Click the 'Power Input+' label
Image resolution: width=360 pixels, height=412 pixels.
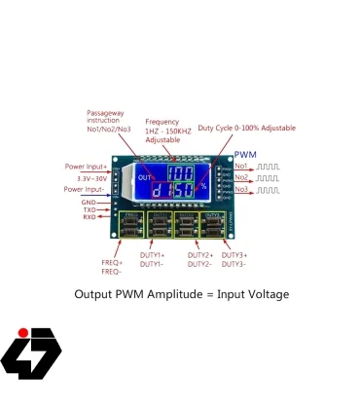coord(86,167)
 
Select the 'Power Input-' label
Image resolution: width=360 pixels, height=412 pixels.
coord(86,189)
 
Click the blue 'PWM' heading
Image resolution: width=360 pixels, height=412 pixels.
coord(245,156)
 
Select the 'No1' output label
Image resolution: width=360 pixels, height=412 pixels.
coord(240,168)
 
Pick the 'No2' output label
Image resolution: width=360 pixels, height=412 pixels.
coord(240,177)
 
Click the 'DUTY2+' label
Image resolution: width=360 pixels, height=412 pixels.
coord(199,255)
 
